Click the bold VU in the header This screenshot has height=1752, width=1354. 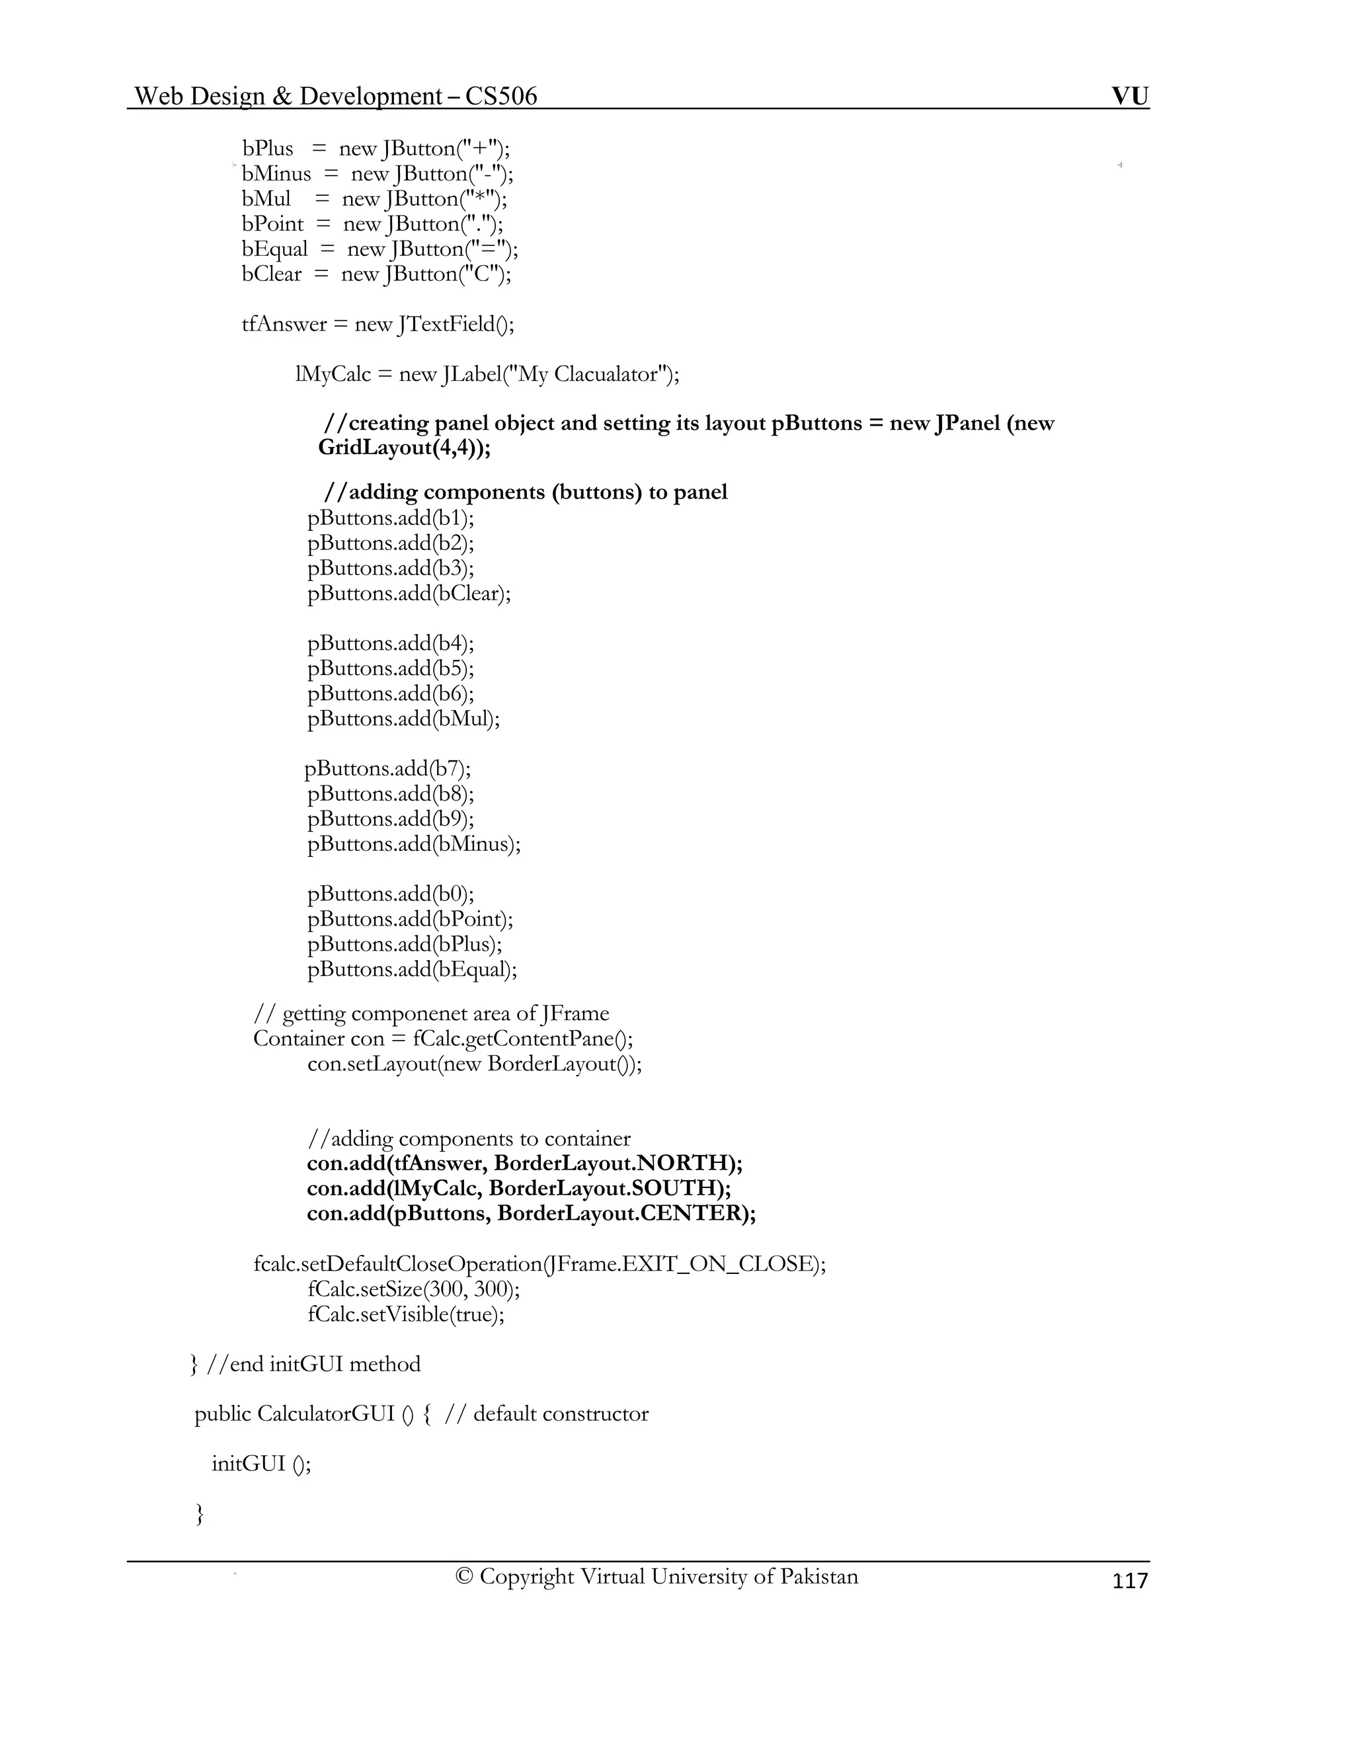(x=1129, y=97)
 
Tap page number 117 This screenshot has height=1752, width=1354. (x=1130, y=1580)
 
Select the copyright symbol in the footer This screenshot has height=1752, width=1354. (x=463, y=1576)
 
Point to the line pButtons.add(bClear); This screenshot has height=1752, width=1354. (x=409, y=594)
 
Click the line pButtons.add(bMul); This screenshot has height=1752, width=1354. (x=403, y=719)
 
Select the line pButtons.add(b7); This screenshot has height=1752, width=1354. (x=387, y=768)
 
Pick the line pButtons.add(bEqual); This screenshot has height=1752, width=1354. (x=413, y=970)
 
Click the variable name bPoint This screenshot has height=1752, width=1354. (x=273, y=224)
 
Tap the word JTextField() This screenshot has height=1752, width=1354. (x=456, y=324)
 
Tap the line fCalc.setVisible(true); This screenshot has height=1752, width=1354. (x=406, y=1314)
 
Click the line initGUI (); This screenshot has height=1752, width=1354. (x=260, y=1464)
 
